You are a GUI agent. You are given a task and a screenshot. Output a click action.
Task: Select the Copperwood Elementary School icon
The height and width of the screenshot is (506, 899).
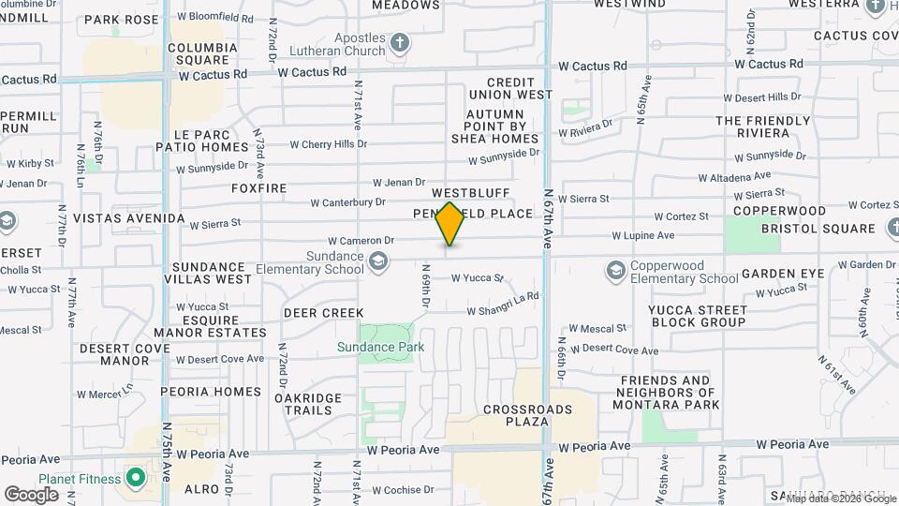[x=615, y=270]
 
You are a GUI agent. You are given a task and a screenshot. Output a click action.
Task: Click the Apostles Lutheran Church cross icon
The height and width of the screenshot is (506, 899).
[x=400, y=42]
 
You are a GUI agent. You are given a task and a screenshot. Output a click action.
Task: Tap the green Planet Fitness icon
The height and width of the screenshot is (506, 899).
[x=136, y=479]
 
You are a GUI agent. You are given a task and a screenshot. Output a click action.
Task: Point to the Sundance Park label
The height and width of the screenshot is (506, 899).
[x=381, y=348]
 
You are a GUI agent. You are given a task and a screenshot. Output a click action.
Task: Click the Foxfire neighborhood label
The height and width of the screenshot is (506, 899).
[x=259, y=188]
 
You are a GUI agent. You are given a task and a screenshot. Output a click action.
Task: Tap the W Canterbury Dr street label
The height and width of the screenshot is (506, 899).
[x=347, y=202]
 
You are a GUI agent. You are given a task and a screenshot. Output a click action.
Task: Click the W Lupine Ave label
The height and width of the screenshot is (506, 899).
[x=643, y=236]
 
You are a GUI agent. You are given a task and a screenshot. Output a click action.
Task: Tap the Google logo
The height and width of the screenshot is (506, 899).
[x=31, y=494]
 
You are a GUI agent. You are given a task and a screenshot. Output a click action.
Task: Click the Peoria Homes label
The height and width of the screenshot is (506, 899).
[x=210, y=392]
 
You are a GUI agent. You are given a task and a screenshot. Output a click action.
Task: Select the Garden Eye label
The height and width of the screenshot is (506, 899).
[x=782, y=274]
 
